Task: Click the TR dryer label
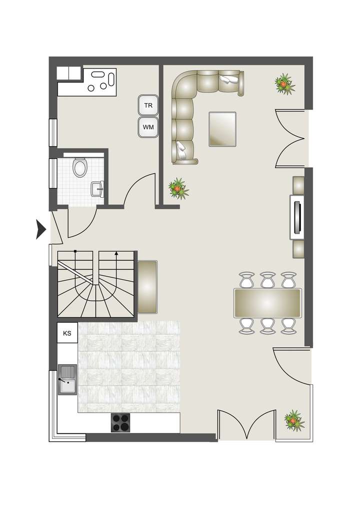click(x=148, y=106)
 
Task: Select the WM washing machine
click(x=148, y=127)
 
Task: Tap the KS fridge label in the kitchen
click(x=67, y=333)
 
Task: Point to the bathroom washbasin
click(x=97, y=189)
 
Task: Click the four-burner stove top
click(x=120, y=423)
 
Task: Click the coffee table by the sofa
click(x=222, y=129)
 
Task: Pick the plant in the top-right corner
click(x=284, y=83)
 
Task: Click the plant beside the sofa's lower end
click(x=177, y=189)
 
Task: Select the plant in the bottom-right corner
click(x=293, y=420)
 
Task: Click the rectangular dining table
click(x=267, y=303)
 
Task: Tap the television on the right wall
click(x=297, y=217)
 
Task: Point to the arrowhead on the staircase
click(x=116, y=254)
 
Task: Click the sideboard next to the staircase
click(x=147, y=287)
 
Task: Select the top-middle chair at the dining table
click(x=267, y=279)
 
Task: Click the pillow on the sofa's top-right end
click(x=229, y=80)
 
